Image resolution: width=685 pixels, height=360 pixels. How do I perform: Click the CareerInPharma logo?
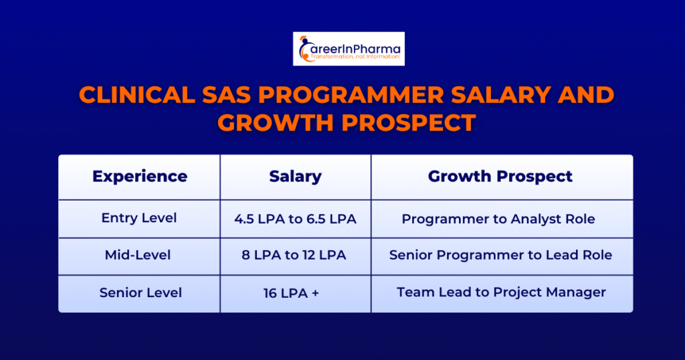click(349, 48)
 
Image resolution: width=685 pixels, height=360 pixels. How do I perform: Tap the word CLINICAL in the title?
click(137, 95)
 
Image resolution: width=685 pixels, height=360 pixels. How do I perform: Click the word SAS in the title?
click(226, 95)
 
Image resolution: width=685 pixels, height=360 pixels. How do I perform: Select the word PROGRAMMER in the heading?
click(351, 95)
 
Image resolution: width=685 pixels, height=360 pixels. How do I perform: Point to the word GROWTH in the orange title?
click(275, 122)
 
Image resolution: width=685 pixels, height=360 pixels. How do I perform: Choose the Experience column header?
click(140, 177)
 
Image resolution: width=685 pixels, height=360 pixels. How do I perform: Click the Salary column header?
click(295, 177)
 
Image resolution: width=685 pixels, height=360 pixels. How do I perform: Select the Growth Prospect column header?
click(500, 177)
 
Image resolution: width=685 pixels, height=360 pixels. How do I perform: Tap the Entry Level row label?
click(139, 218)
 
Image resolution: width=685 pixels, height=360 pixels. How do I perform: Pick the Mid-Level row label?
click(138, 255)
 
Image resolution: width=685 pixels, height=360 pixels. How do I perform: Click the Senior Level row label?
click(140, 292)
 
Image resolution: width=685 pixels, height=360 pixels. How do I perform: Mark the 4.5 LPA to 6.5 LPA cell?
click(295, 219)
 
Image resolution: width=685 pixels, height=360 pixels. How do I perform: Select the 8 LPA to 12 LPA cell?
click(294, 255)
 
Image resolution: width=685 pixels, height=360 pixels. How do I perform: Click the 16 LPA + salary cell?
click(291, 292)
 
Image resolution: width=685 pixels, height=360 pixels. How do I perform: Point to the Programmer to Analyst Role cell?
click(498, 219)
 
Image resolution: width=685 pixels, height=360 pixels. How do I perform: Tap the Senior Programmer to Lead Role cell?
click(500, 255)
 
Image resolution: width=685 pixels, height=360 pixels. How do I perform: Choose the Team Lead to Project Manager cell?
click(501, 292)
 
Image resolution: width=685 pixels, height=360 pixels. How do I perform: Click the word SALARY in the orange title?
click(500, 95)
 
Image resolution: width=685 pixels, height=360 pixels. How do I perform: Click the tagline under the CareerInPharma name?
click(355, 57)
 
